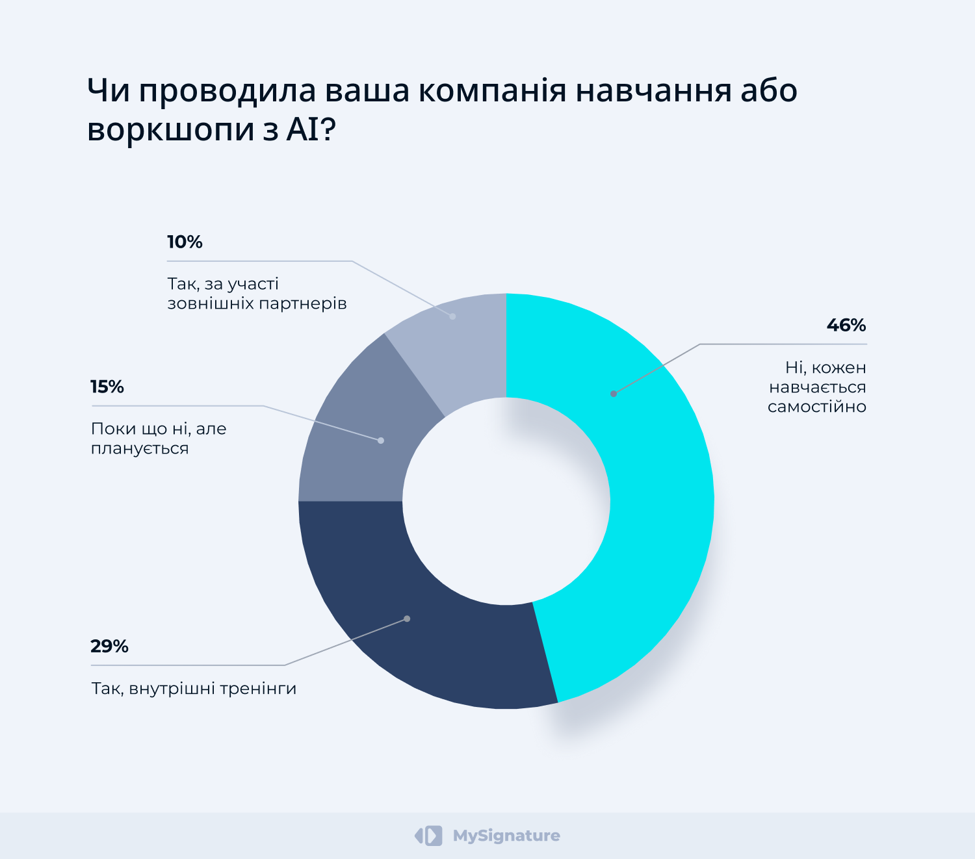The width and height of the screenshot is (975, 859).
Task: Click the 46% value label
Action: [846, 326]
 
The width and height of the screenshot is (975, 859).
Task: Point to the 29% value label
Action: [109, 647]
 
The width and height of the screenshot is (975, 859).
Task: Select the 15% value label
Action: [107, 387]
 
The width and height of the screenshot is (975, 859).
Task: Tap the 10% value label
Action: [185, 242]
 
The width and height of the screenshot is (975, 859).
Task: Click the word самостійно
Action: [816, 407]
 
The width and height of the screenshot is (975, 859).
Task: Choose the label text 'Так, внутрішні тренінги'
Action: [194, 689]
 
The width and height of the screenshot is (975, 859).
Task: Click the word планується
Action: [140, 449]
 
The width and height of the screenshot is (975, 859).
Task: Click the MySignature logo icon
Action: [429, 836]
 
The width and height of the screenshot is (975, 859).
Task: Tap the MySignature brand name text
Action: [506, 836]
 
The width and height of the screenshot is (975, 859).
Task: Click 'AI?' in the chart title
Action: [311, 129]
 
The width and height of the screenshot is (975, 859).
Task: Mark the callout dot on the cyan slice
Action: [613, 394]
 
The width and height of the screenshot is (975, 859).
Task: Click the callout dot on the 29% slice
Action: [407, 619]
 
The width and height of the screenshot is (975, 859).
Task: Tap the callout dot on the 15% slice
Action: [381, 441]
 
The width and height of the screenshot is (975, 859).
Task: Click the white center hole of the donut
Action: [506, 501]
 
